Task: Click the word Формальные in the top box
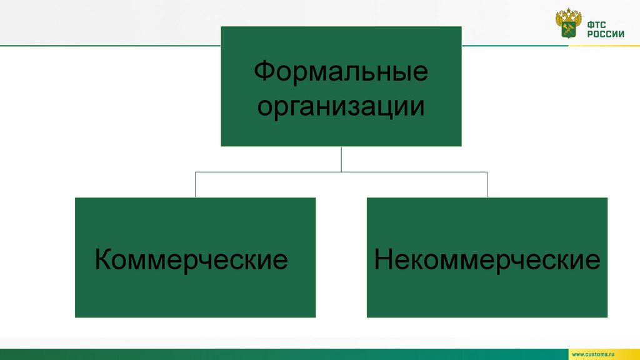(341, 71)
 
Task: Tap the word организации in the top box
(341, 106)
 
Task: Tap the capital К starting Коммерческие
(103, 259)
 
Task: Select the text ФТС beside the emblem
(595, 23)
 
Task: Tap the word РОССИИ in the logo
(605, 34)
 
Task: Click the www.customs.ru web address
(601, 354)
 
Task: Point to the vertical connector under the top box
(341, 159)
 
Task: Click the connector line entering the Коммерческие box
(196, 184)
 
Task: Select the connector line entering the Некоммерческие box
(487, 184)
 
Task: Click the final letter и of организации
(419, 106)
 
